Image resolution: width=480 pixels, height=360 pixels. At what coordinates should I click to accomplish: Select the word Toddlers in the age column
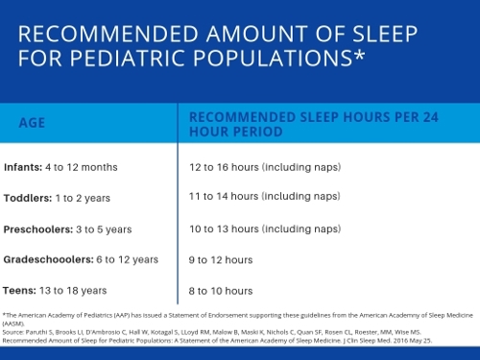[x=27, y=198]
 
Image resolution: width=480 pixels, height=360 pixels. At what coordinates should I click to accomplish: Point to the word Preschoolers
[x=36, y=228]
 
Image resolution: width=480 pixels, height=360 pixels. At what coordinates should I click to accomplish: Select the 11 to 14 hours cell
[x=264, y=197]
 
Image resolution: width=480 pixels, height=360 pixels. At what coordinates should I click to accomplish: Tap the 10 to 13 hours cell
[x=264, y=228]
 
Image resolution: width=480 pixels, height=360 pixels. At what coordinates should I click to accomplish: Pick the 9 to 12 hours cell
[x=221, y=259]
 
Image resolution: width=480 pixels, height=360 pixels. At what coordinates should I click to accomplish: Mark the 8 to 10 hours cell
[x=221, y=290]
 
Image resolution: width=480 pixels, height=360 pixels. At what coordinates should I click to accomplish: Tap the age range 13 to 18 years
[x=73, y=290]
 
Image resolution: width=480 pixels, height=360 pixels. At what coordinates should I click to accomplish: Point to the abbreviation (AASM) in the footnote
[x=15, y=324]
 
